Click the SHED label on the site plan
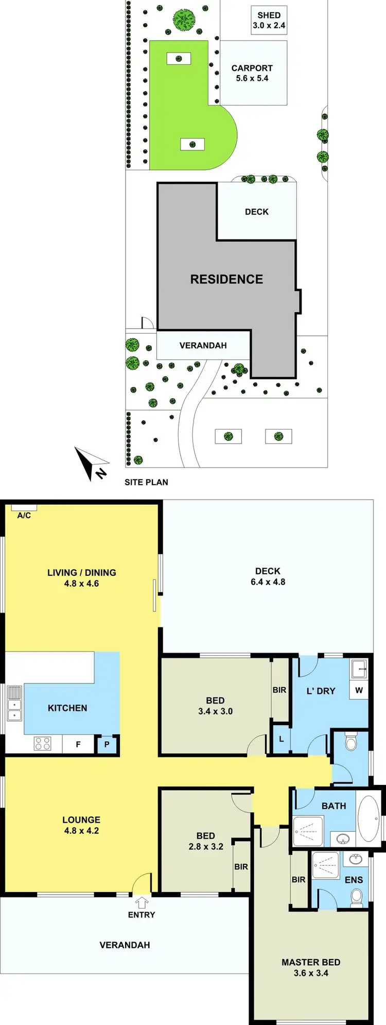[269, 15]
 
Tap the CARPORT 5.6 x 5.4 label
[252, 73]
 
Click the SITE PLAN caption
[146, 482]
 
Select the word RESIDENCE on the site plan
[226, 279]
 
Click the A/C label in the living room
[24, 515]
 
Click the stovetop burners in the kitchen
[42, 743]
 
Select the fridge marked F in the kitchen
[78, 744]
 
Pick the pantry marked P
[107, 744]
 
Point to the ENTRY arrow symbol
[142, 902]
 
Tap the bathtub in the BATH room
[368, 818]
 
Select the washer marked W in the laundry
[359, 690]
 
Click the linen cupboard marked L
[281, 739]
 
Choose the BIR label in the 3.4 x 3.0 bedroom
[279, 690]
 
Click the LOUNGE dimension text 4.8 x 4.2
[81, 831]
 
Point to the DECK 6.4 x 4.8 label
[268, 576]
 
